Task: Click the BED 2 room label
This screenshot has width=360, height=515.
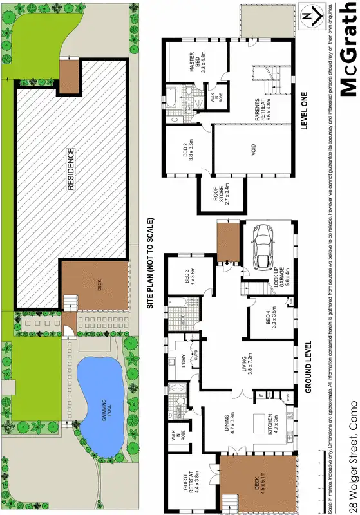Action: tap(187, 154)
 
